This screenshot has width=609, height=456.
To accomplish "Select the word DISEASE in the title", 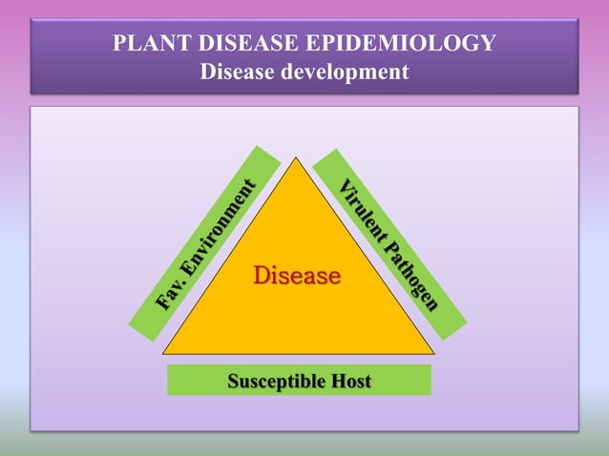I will pos(247,44).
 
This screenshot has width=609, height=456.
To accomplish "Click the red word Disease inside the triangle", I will pos(297,277).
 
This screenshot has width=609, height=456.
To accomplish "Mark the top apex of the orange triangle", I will pos(296,157).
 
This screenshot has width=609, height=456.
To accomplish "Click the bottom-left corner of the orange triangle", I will pos(163,354).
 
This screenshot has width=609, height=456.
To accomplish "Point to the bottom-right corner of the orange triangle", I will pos(434,354).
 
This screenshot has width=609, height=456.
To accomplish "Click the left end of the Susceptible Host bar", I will pos(170,380).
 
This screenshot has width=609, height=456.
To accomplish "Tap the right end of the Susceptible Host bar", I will pos(429,380).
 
